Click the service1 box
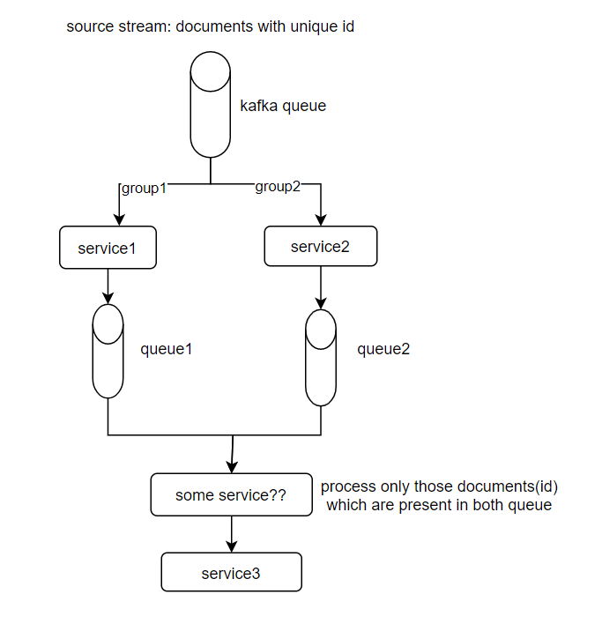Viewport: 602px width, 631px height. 108,248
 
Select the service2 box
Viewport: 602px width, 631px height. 320,246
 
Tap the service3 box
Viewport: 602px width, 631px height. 231,573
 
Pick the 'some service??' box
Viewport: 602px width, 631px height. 231,495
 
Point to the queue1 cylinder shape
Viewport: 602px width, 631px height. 108,351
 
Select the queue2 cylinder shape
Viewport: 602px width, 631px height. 320,357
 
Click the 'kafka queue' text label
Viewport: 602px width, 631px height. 283,107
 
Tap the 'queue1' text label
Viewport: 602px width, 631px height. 167,348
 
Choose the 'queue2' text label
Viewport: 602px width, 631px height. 383,349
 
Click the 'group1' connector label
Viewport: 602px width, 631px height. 144,188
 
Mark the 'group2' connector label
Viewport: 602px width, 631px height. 279,187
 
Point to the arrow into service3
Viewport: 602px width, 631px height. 231,534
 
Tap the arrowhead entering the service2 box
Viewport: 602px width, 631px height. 320,221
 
